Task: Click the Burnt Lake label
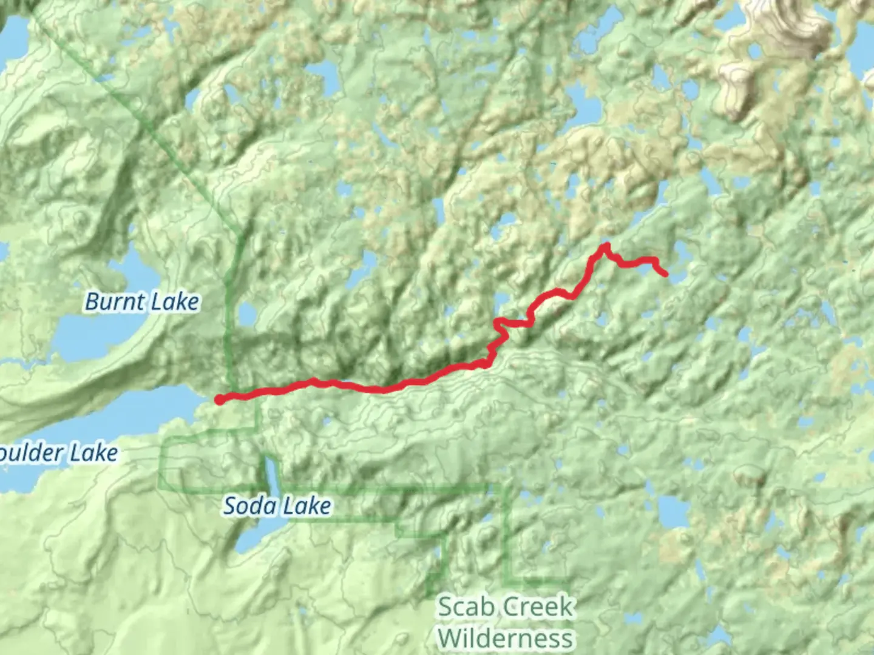[142, 301]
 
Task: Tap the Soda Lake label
[277, 506]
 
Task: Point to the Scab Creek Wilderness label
[506, 622]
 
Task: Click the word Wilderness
[506, 638]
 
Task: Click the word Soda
[245, 506]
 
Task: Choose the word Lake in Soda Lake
[309, 506]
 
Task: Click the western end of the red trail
[219, 399]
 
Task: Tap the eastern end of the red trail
[666, 274]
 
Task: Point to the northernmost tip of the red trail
[605, 245]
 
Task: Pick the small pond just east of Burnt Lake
[247, 314]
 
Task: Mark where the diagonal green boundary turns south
[241, 234]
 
